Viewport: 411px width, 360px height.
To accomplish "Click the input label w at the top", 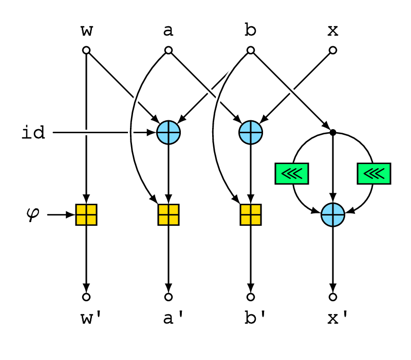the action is (x=86, y=31).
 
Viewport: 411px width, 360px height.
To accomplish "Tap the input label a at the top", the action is (x=169, y=31).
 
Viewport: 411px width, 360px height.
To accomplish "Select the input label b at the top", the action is (x=250, y=29).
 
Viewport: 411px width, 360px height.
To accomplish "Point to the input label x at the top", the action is (x=333, y=31).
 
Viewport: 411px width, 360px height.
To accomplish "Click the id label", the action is (x=33, y=132).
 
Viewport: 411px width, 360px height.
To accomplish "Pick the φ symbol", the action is (x=33, y=214).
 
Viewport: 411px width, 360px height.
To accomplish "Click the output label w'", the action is (x=91, y=318).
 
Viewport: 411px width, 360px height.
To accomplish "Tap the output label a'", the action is (x=173, y=318).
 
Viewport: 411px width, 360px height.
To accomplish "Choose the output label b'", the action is (x=255, y=317).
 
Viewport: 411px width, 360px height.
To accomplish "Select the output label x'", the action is (x=338, y=318).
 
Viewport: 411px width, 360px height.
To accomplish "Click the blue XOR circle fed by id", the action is (x=169, y=133).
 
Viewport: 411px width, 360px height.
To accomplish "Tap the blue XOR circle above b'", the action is (x=251, y=133).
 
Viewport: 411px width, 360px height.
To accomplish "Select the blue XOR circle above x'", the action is (x=333, y=214).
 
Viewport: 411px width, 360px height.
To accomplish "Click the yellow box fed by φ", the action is (x=86, y=214).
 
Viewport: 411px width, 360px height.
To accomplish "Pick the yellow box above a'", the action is (x=169, y=214).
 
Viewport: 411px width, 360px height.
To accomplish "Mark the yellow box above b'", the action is (x=251, y=214).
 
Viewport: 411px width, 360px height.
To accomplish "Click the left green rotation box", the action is (x=292, y=173).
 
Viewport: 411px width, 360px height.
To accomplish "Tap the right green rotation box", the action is (x=374, y=173).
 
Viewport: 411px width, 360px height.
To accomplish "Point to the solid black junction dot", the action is (x=333, y=133).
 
